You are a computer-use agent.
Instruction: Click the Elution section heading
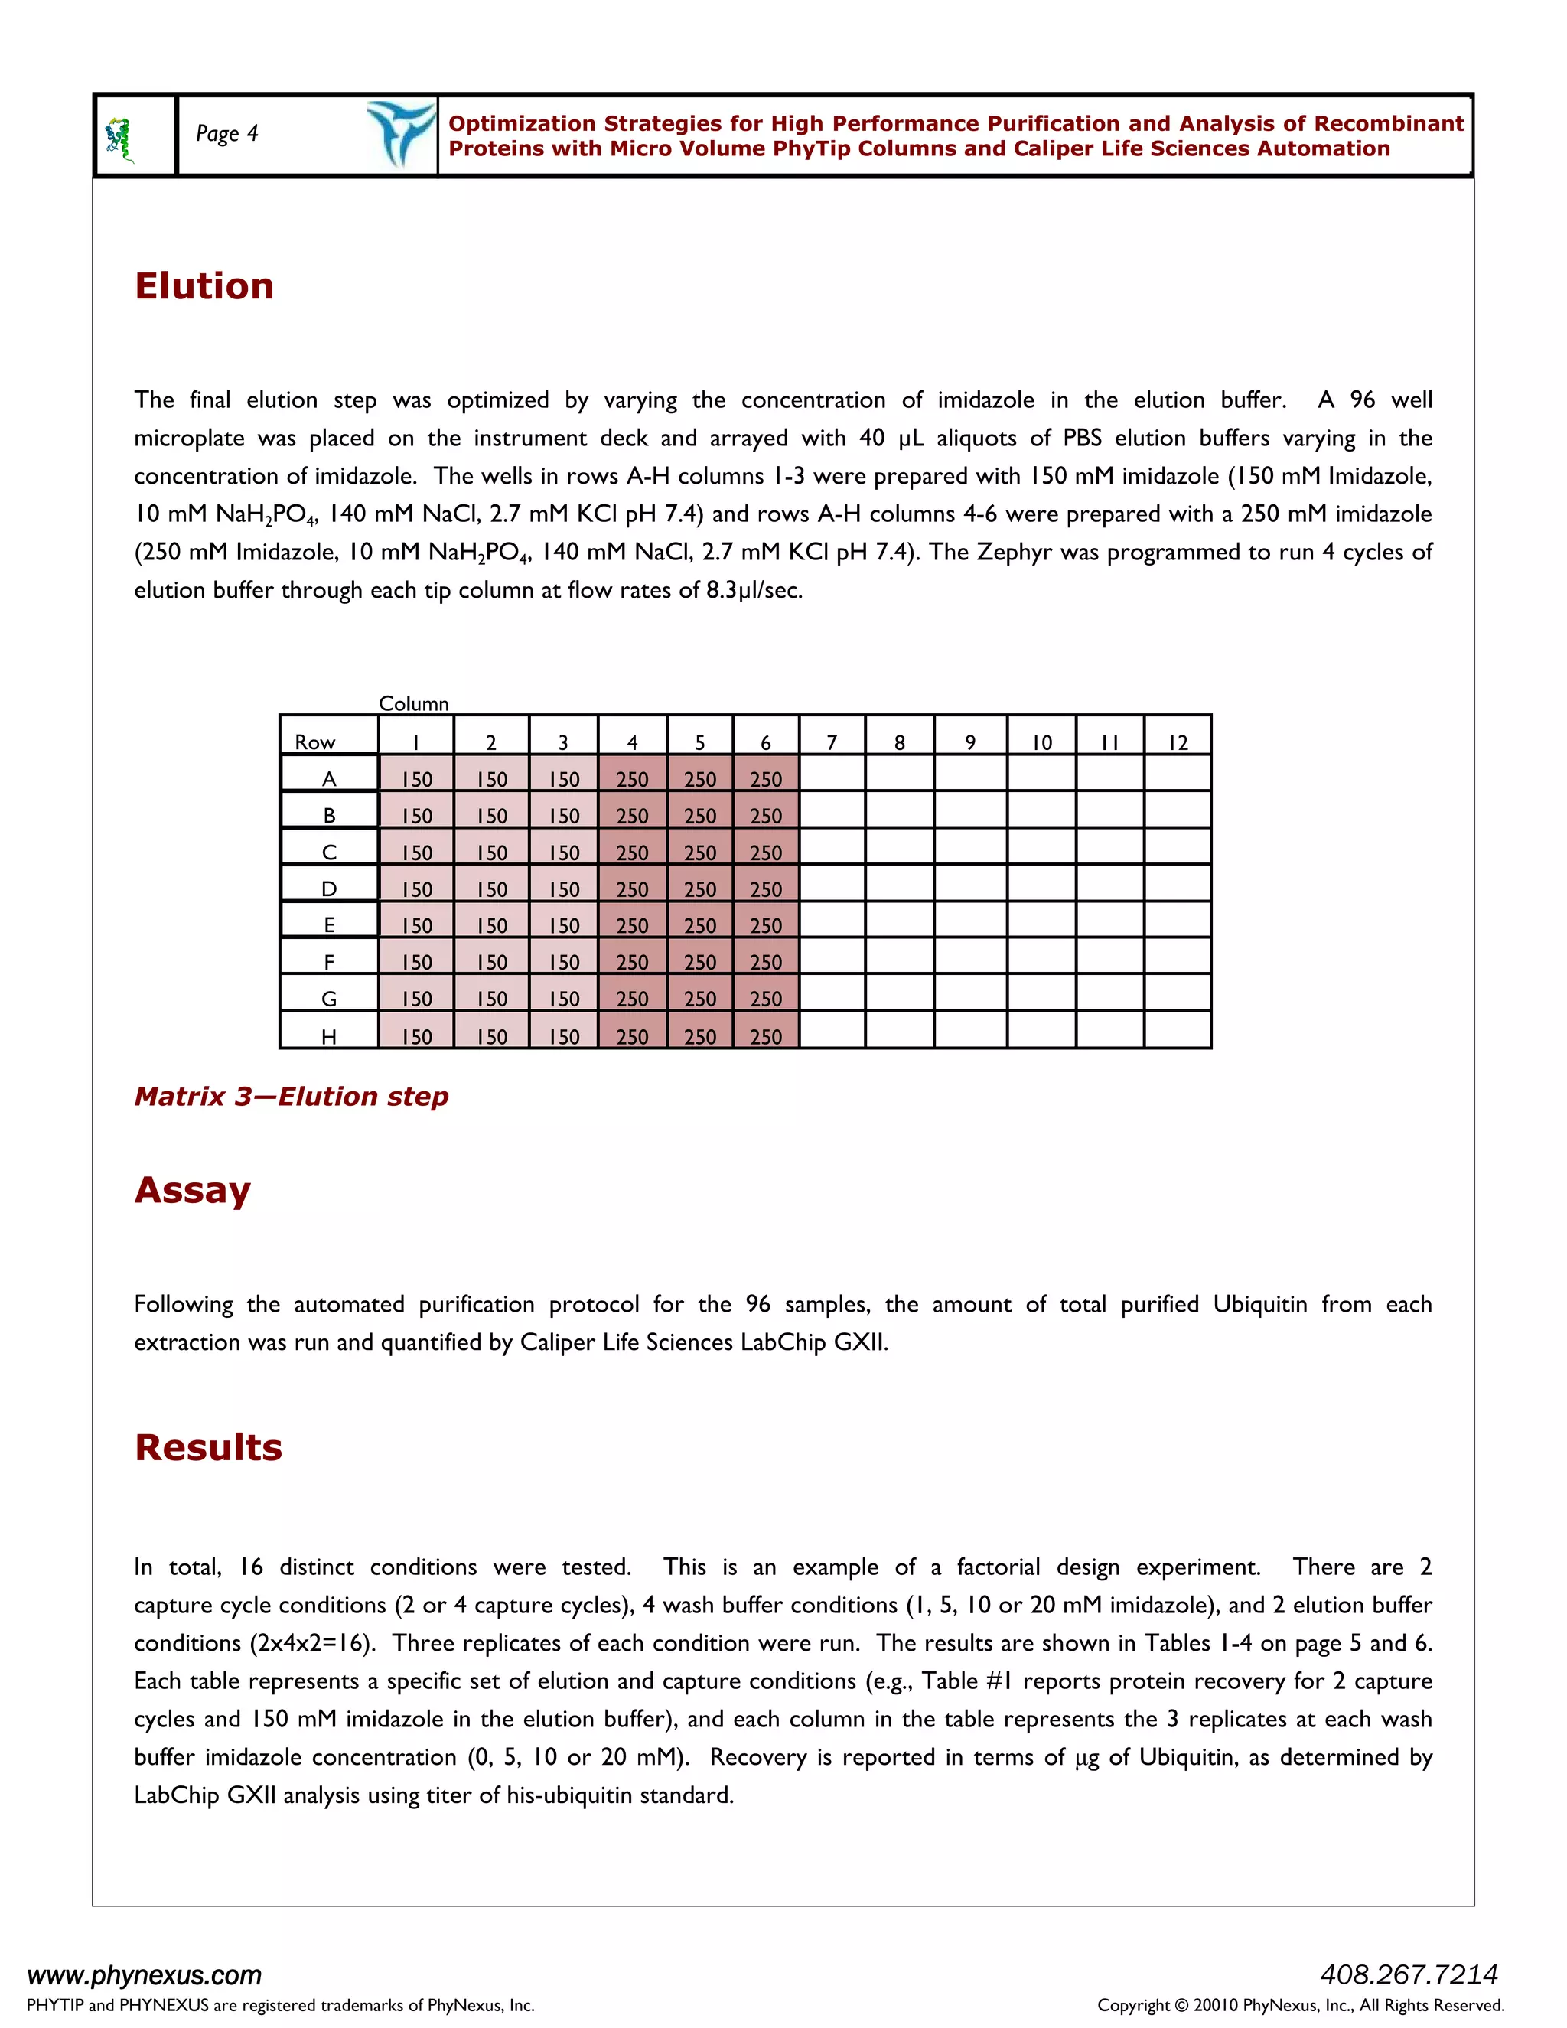click(x=204, y=286)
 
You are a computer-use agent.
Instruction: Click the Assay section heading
click(x=192, y=1191)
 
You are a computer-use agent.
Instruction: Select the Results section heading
click(x=208, y=1448)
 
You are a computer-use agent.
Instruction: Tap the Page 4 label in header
click(x=226, y=134)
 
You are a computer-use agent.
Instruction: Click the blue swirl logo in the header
click(x=400, y=134)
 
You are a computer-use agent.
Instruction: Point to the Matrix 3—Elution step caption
click(x=292, y=1097)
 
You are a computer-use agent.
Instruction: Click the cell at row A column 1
click(x=416, y=778)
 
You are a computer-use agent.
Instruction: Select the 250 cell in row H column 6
click(x=766, y=1035)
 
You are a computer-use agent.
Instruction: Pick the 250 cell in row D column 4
click(x=632, y=888)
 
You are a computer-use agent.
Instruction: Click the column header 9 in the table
click(x=970, y=742)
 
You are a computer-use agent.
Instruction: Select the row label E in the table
click(x=328, y=925)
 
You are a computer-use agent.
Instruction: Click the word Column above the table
click(x=413, y=703)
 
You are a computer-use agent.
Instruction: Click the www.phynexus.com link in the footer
click(x=145, y=1974)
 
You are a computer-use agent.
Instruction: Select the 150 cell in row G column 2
click(x=491, y=998)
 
